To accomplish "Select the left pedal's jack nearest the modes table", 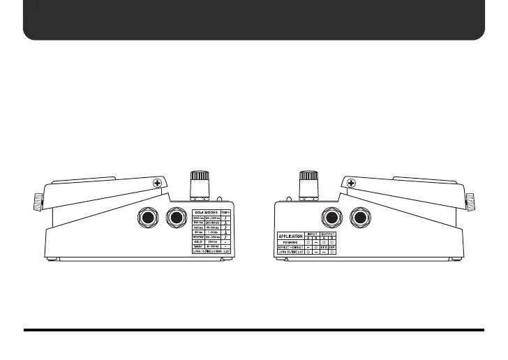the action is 176,219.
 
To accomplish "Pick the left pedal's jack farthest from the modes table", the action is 147,219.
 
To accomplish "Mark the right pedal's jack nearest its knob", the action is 331,219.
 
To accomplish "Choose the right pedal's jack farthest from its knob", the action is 360,219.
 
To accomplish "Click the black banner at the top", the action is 254,20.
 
